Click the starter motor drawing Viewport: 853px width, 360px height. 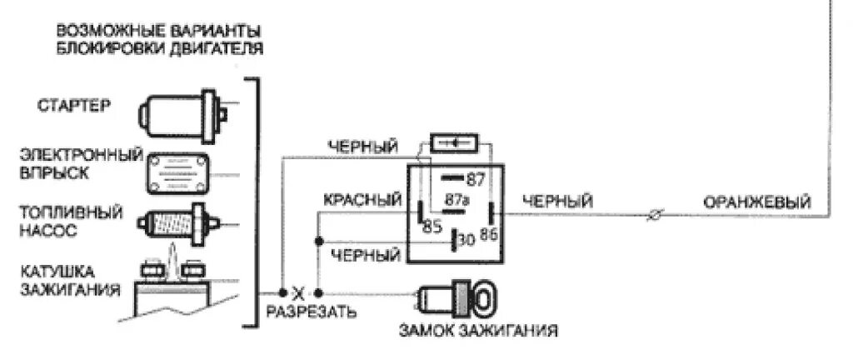(x=184, y=112)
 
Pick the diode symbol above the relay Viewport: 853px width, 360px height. (x=454, y=143)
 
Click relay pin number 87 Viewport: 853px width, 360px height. (x=476, y=180)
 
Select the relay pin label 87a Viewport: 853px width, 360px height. (x=457, y=200)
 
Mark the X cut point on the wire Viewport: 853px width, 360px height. (x=302, y=293)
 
